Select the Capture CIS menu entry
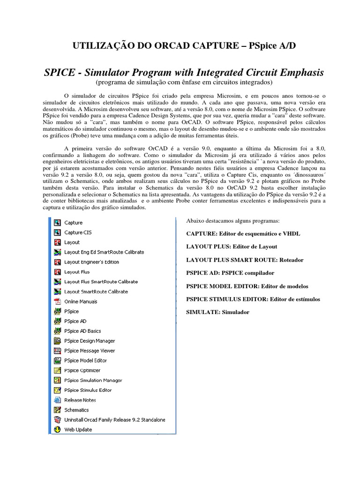[x=78, y=232]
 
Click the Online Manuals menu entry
[x=81, y=301]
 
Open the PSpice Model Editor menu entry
[x=85, y=360]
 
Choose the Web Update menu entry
[x=78, y=429]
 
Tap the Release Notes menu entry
[x=80, y=400]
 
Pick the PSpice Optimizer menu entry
[x=82, y=370]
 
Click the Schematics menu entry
[x=76, y=410]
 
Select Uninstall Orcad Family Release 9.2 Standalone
[x=114, y=420]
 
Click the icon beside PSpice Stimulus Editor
[x=57, y=390]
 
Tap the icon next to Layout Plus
[x=57, y=272]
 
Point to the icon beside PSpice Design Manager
[x=57, y=341]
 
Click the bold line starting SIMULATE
[x=217, y=312]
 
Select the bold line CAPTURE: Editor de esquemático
[x=243, y=233]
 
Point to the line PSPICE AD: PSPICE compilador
[x=230, y=272]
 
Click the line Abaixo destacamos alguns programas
[x=233, y=220]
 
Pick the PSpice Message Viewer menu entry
[x=90, y=351]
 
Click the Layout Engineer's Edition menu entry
[x=91, y=262]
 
